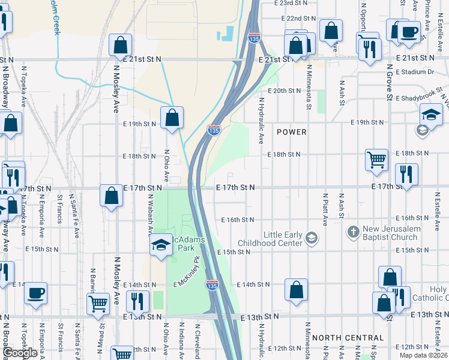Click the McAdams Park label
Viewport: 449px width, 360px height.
(x=187, y=244)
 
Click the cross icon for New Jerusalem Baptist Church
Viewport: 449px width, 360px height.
(x=353, y=231)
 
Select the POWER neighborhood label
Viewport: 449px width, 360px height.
(x=292, y=132)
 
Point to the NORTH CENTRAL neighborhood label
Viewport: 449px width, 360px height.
(x=348, y=338)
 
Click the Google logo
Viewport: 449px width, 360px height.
(x=20, y=353)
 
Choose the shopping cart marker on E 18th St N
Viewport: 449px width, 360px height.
(x=376, y=160)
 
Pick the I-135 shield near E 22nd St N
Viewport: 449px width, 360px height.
(x=254, y=38)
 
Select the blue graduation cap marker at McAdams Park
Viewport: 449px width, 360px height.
(x=160, y=245)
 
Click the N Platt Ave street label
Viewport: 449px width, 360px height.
(x=325, y=209)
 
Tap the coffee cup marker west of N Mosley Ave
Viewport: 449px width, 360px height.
(x=35, y=293)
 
